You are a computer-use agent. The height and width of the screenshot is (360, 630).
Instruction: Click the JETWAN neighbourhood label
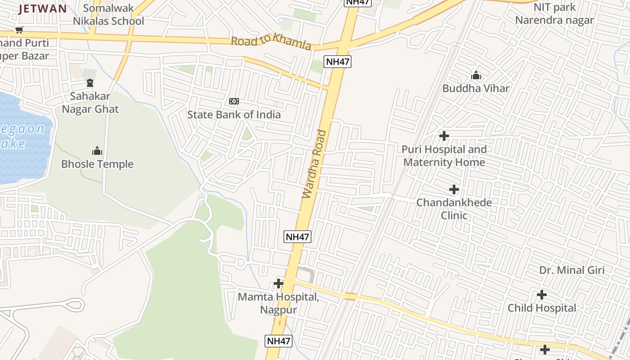click(x=43, y=9)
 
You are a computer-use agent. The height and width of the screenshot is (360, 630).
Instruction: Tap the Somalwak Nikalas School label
click(x=108, y=14)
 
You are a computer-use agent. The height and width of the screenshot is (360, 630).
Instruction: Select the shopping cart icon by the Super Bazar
click(x=19, y=30)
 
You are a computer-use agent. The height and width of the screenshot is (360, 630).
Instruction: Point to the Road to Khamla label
click(x=271, y=43)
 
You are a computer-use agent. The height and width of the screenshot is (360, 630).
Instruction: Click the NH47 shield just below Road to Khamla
click(x=337, y=62)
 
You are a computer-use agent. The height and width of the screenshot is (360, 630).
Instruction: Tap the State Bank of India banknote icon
click(x=234, y=101)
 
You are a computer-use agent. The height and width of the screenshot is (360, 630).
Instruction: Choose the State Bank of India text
click(x=234, y=114)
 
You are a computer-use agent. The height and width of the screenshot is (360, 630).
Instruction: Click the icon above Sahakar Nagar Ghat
click(x=90, y=83)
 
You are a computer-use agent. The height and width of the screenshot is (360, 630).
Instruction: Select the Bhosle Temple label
click(x=97, y=164)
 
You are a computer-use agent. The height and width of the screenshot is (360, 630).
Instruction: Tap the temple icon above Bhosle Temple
click(x=97, y=151)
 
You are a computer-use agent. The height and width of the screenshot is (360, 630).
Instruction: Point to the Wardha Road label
click(x=314, y=164)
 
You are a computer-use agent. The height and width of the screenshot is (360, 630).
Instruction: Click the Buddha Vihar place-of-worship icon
click(x=476, y=75)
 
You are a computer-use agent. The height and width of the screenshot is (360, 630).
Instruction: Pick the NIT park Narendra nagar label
click(x=554, y=14)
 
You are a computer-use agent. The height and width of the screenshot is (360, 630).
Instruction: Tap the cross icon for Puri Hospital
click(x=444, y=136)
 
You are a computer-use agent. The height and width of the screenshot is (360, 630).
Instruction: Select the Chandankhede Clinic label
click(x=454, y=209)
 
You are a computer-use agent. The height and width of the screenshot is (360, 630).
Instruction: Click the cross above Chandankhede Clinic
click(x=454, y=189)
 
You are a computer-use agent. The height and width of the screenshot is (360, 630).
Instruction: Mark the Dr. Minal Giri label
click(x=572, y=270)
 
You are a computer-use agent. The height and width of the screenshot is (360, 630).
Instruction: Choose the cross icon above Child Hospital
click(x=542, y=295)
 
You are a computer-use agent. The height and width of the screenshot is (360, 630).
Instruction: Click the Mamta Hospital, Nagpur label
click(x=279, y=303)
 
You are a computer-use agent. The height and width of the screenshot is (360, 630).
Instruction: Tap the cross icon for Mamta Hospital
click(x=279, y=283)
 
